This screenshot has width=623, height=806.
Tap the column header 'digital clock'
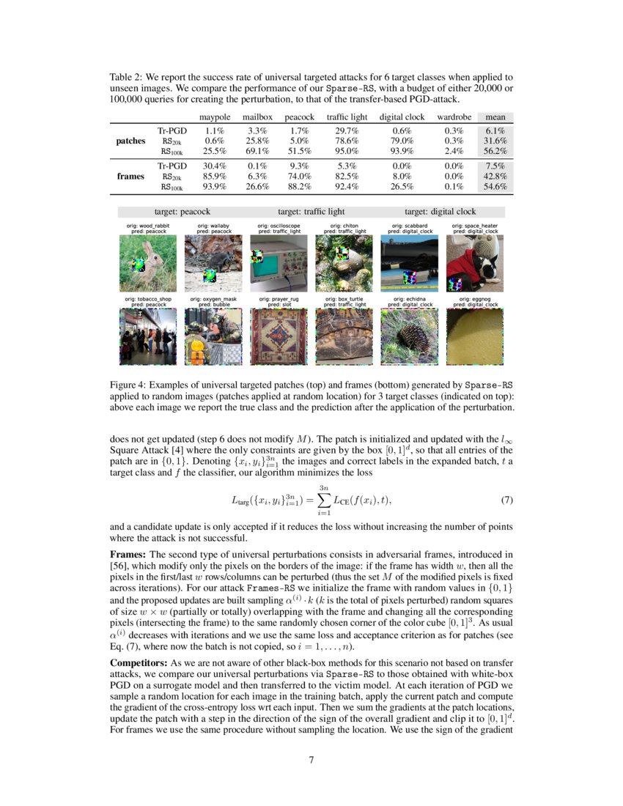(402, 117)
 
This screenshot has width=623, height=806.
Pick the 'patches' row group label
(131, 141)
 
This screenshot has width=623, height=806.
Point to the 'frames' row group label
(132, 177)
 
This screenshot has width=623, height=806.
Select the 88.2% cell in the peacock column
(299, 188)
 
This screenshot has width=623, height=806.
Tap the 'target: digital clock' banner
(440, 212)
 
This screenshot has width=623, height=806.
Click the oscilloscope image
(279, 264)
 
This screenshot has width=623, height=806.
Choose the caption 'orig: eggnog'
(474, 299)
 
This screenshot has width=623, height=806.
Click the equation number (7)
(505, 501)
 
